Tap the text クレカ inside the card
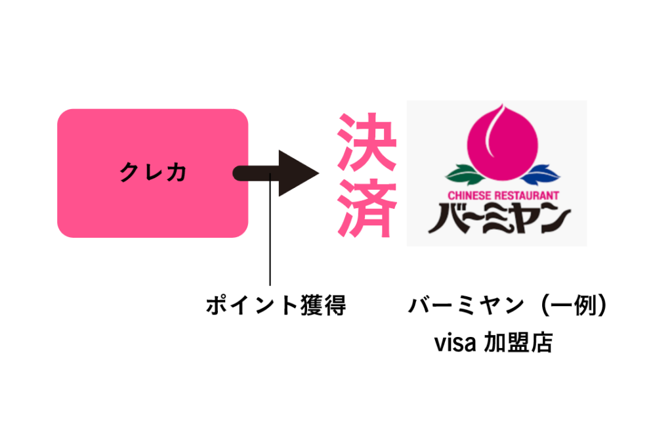point(153,173)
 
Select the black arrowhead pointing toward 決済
point(297,173)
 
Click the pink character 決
point(367,141)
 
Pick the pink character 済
point(367,209)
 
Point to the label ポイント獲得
point(275,305)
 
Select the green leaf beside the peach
point(465,174)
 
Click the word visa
point(454,343)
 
